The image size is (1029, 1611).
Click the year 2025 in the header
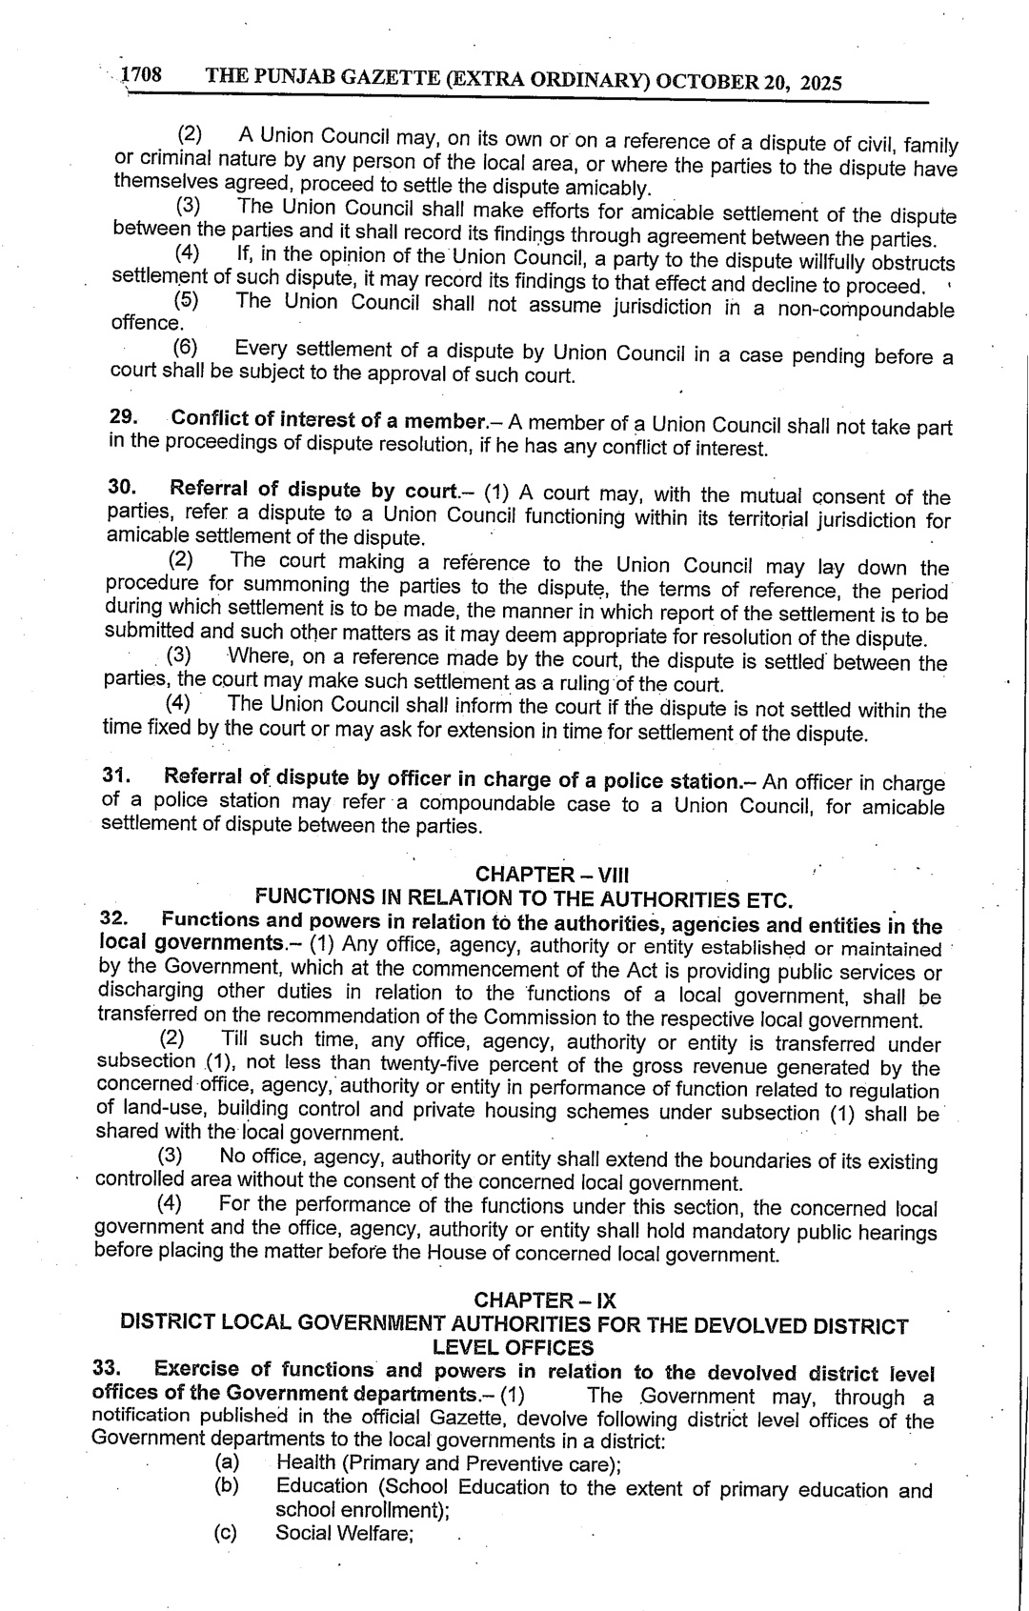coord(820,83)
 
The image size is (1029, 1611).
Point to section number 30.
coord(121,487)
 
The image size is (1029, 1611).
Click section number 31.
coord(115,775)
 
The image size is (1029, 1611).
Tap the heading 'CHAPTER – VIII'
coord(552,874)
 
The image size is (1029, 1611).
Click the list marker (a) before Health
coord(227,1461)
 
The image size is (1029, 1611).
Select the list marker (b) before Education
coord(227,1485)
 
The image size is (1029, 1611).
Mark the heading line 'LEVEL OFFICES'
coord(513,1347)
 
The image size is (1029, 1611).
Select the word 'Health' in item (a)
coord(305,1462)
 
